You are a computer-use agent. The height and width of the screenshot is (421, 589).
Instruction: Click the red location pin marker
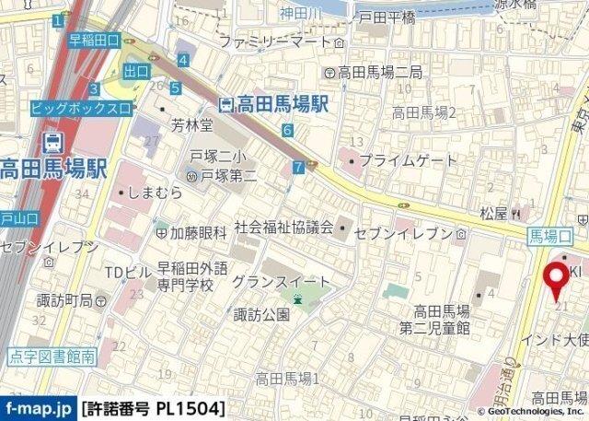(x=556, y=279)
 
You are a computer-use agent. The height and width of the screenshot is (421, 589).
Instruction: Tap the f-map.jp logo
(x=38, y=407)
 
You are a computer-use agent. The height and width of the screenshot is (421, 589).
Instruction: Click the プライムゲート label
(x=407, y=160)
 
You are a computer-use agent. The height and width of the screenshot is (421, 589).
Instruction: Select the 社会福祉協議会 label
(x=283, y=227)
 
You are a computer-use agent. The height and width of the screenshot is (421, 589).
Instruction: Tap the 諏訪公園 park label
(x=262, y=314)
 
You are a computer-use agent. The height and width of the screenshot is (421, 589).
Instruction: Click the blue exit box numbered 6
(x=288, y=130)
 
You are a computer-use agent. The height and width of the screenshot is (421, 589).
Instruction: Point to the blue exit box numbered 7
(x=297, y=167)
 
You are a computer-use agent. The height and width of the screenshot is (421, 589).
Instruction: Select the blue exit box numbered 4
(x=184, y=61)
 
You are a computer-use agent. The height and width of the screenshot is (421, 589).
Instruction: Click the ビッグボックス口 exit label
(x=80, y=108)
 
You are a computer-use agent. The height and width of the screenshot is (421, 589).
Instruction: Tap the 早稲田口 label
(x=95, y=40)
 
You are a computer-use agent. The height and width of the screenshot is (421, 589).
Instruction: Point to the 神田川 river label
(x=300, y=13)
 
